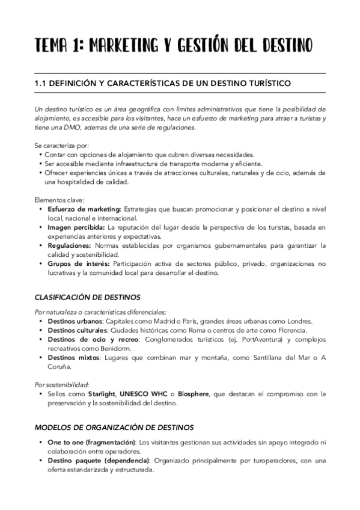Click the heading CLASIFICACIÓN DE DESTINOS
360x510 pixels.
pos(87,297)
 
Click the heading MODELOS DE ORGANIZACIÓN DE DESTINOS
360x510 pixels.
pos(114,428)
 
